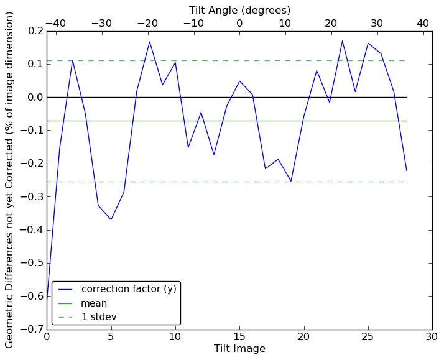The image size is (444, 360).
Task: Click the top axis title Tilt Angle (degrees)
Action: [239, 10]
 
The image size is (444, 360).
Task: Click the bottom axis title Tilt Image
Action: [239, 349]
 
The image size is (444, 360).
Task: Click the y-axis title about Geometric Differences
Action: [10, 180]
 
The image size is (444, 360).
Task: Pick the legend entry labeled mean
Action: [94, 303]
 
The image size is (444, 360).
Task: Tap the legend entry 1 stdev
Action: [99, 317]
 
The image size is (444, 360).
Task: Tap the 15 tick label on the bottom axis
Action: [239, 337]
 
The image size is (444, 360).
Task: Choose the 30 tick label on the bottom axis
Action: [432, 337]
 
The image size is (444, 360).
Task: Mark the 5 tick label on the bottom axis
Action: [111, 337]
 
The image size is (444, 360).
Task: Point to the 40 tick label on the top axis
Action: [423, 23]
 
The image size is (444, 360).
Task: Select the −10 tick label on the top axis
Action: [193, 23]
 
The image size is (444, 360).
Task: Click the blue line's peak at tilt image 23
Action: [342, 41]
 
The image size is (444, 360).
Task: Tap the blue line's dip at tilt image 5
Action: [111, 219]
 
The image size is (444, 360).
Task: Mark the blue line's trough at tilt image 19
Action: [291, 181]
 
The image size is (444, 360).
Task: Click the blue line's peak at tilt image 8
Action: [149, 42]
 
